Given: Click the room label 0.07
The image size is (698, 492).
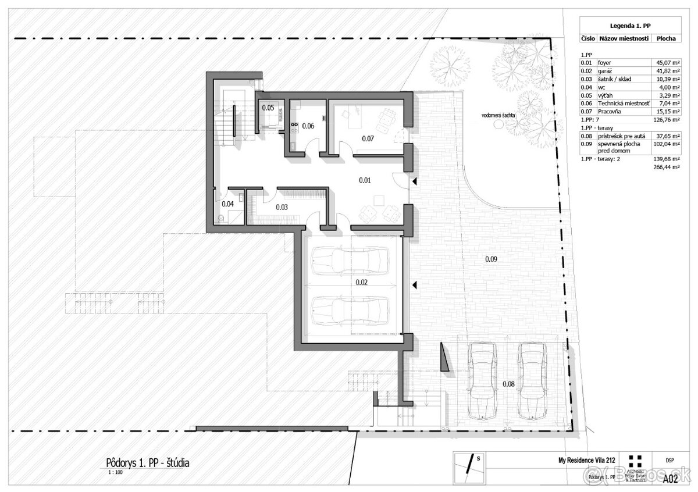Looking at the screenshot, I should (368, 139).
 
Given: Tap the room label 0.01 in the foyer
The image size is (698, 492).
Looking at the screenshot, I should (365, 180).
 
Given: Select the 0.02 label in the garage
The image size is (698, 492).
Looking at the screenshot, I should (362, 283).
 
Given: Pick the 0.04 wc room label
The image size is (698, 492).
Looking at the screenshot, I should (227, 204).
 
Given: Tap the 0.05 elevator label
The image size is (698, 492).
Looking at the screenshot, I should (268, 108).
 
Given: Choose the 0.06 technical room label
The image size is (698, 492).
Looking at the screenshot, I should (308, 126).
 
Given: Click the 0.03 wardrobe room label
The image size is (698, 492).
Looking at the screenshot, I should (282, 206).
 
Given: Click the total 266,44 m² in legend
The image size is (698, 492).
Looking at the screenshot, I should (663, 166).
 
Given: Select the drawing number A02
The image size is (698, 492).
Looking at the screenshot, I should (671, 479).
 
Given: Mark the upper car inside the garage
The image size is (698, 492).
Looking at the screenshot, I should (349, 262).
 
